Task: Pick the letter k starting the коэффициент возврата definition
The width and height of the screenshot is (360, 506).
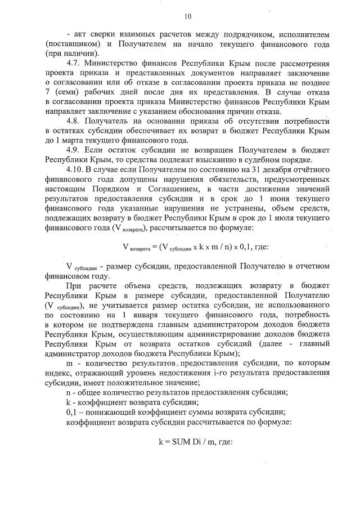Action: (x=69, y=401)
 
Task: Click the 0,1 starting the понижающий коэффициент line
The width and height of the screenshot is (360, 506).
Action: (x=71, y=411)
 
